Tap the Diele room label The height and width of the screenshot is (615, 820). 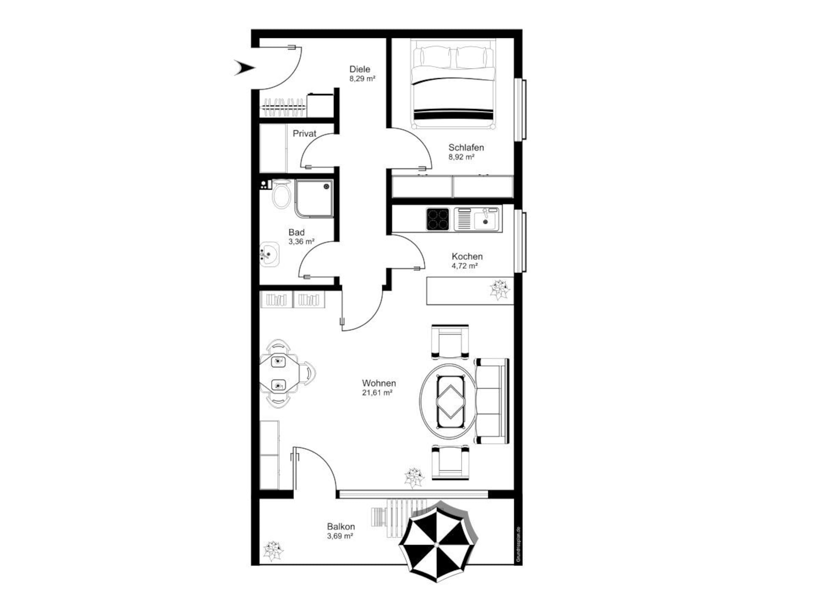(x=360, y=69)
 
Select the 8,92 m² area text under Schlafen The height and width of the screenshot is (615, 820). (x=461, y=157)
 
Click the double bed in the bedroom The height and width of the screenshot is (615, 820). (x=453, y=84)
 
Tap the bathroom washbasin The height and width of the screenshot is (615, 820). (x=269, y=255)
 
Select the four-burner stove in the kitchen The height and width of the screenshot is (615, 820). (x=438, y=219)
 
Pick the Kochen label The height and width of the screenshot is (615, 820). (x=467, y=256)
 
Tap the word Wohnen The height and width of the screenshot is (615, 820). (x=379, y=383)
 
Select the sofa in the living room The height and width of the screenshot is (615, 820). (x=492, y=401)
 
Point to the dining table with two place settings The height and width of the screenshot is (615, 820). (x=279, y=373)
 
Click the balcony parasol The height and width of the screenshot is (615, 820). (x=438, y=542)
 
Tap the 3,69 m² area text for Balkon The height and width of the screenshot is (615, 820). (x=340, y=536)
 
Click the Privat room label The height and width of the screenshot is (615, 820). (x=305, y=134)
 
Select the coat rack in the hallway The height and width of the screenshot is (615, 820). (x=284, y=107)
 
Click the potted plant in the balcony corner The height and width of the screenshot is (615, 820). (x=273, y=551)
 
